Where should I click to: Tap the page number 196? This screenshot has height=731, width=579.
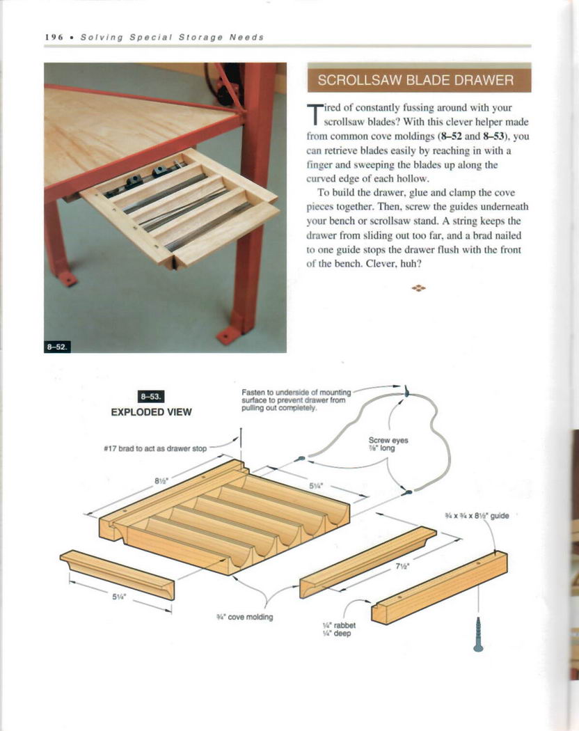point(54,36)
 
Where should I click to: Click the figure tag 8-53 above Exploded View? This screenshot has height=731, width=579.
point(151,397)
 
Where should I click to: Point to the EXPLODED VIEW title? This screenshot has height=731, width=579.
point(151,411)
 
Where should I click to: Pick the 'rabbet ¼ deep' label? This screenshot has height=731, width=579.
point(331,629)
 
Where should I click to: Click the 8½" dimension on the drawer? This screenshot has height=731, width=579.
point(159,479)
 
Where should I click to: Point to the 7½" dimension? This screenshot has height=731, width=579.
point(402,566)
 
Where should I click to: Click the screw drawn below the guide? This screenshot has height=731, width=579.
point(478,635)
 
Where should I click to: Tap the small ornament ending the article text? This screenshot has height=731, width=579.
point(418,287)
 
